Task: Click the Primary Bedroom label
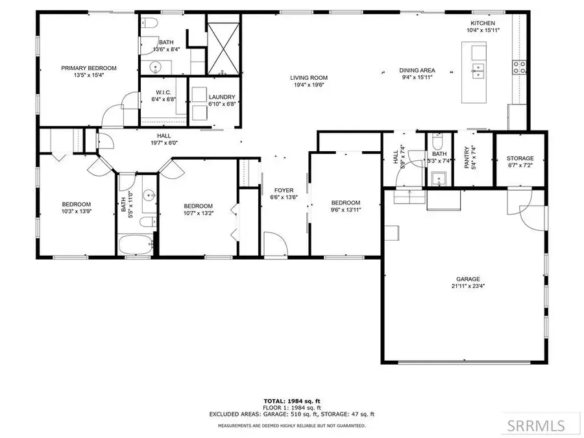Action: (89, 68)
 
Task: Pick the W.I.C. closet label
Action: (164, 92)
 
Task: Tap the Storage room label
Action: (520, 158)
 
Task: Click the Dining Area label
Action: (417, 71)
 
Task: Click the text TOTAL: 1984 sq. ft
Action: (291, 401)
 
